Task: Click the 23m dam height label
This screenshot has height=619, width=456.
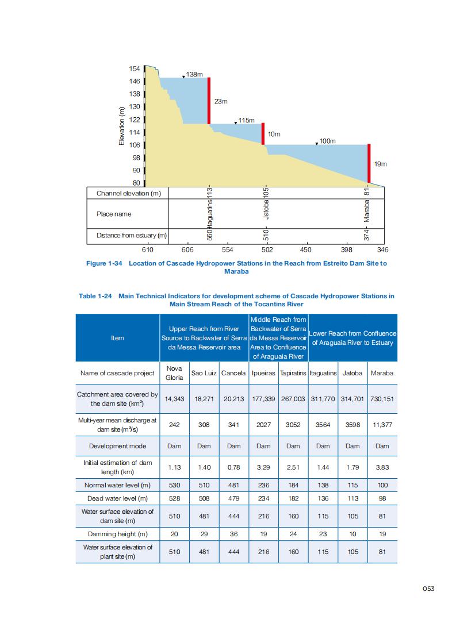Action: click(221, 102)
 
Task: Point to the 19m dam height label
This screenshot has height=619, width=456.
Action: click(380, 164)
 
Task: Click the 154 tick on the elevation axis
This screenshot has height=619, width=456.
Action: click(135, 68)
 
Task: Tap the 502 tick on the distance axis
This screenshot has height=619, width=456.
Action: click(267, 250)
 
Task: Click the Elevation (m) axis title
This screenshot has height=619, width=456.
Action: click(121, 126)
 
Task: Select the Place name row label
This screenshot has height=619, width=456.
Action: click(114, 214)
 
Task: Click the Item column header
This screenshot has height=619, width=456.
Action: click(117, 338)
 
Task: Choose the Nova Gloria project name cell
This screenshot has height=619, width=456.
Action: click(174, 373)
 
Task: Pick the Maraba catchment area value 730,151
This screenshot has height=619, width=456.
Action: click(382, 398)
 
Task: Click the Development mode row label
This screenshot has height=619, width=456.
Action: click(117, 446)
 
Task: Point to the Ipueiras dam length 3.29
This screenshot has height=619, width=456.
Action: click(263, 468)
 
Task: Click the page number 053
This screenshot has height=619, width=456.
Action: click(428, 588)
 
